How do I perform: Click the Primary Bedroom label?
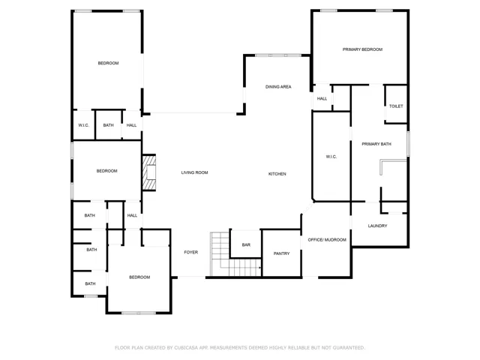coord(362,49)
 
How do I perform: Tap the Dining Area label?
coord(278,87)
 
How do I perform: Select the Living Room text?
coord(194,172)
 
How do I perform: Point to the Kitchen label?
coord(277,174)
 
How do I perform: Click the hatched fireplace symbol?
coord(149,173)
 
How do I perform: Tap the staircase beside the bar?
coord(235,254)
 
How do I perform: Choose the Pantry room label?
coord(281,253)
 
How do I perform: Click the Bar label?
coord(246,245)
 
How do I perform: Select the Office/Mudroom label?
coord(327,240)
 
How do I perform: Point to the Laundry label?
coord(377,226)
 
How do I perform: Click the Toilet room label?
coord(396,106)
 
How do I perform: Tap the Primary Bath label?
coord(376,144)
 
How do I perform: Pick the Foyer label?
coord(190,252)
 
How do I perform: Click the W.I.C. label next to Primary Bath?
coord(331,157)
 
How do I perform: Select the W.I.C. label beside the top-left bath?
coord(83,125)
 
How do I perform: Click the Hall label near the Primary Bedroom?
coord(322,98)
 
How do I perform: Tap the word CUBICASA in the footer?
coord(186,348)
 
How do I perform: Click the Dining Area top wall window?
coord(278,55)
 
